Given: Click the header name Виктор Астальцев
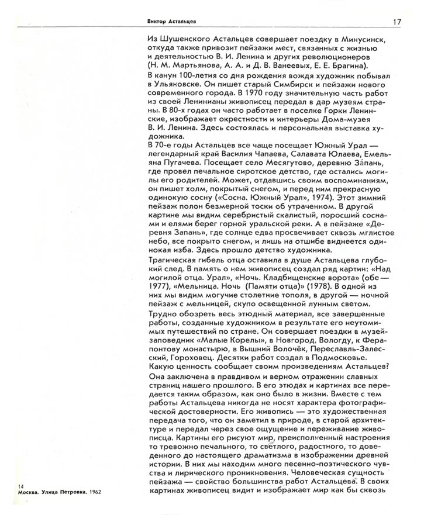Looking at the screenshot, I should click(171, 22).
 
